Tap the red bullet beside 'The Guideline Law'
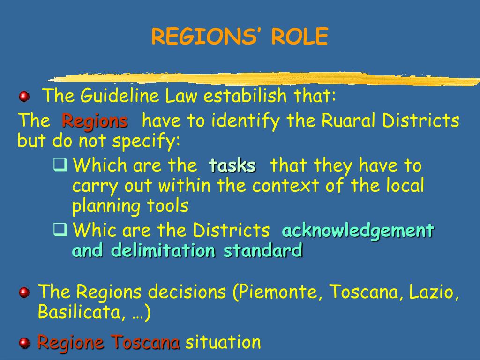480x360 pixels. (24, 97)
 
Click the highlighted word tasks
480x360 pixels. (232, 165)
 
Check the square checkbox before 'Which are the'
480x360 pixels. (60, 165)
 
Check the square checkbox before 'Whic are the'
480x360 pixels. (60, 229)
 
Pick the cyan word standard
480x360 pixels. (263, 250)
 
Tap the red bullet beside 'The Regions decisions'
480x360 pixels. (24, 292)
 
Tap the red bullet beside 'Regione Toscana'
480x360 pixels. (24, 343)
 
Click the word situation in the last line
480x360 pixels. (223, 342)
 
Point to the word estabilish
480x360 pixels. (245, 95)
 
